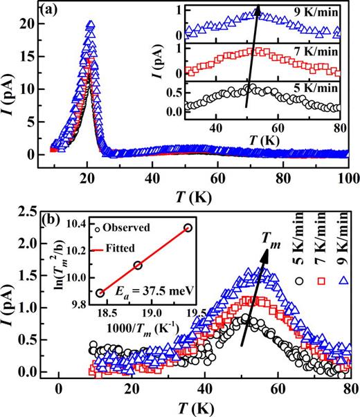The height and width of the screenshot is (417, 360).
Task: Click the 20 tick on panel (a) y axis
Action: click(x=28, y=25)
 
